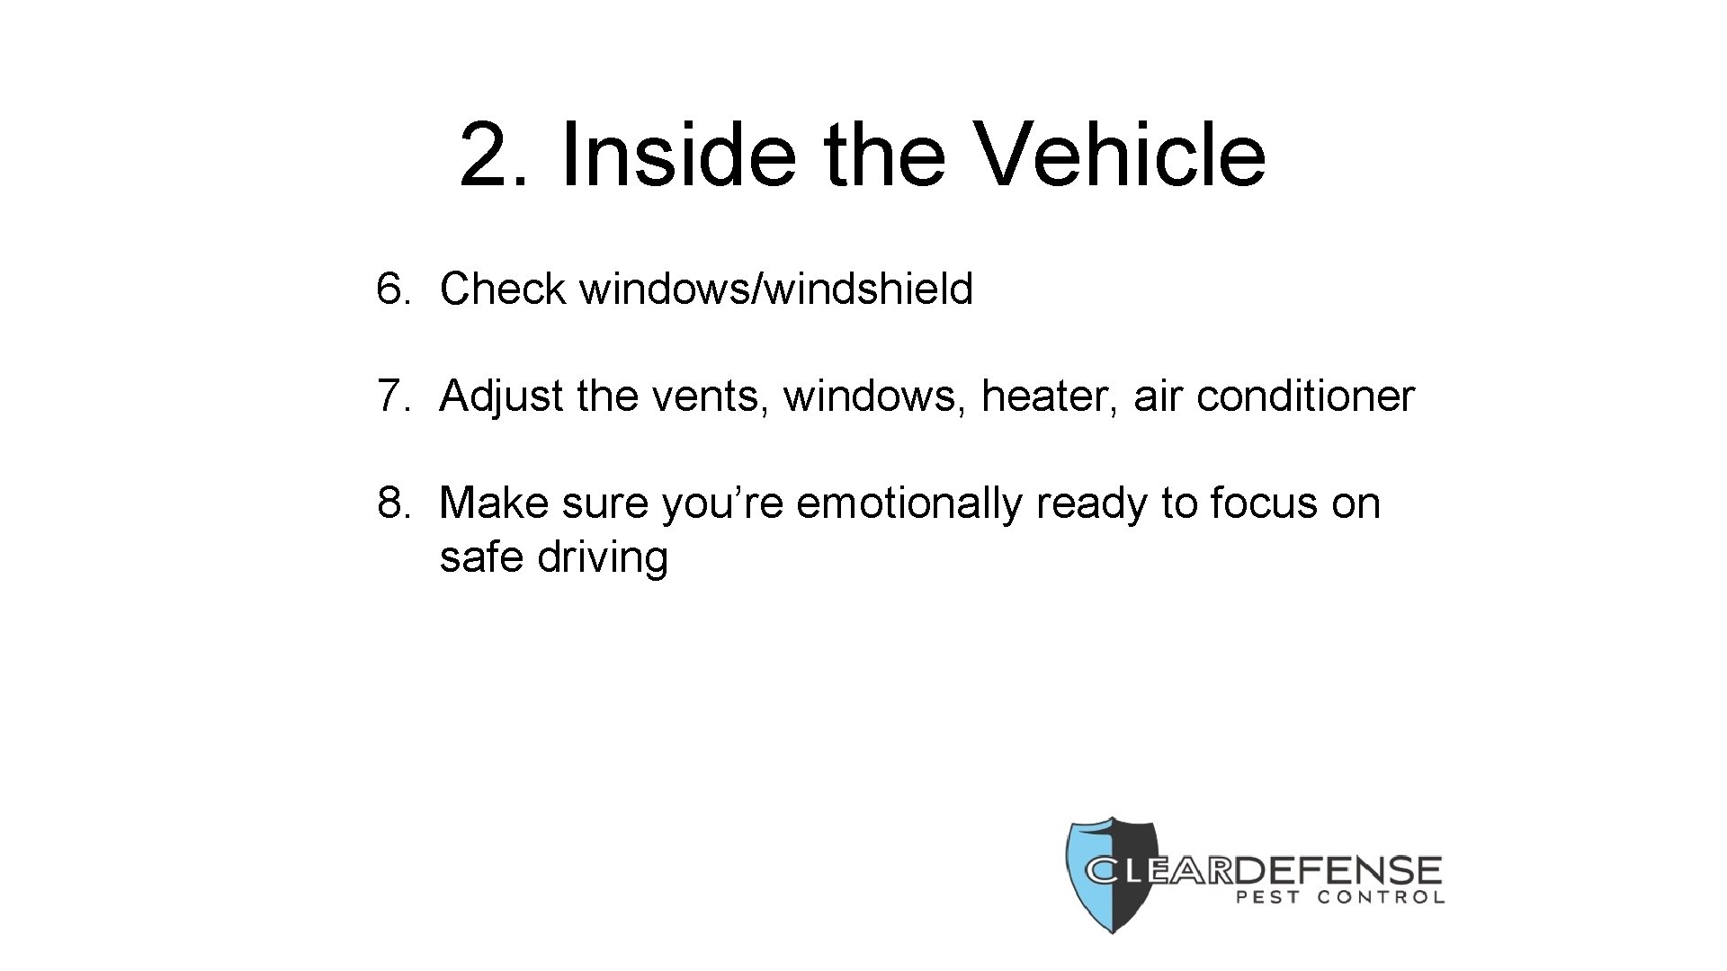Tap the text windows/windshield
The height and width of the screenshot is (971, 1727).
pos(776,290)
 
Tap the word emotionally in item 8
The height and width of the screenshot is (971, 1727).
pos(908,503)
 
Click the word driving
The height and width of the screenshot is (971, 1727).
pos(603,557)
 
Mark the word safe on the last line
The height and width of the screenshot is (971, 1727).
pos(480,557)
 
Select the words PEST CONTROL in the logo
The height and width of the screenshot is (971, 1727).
pos(1340,897)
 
